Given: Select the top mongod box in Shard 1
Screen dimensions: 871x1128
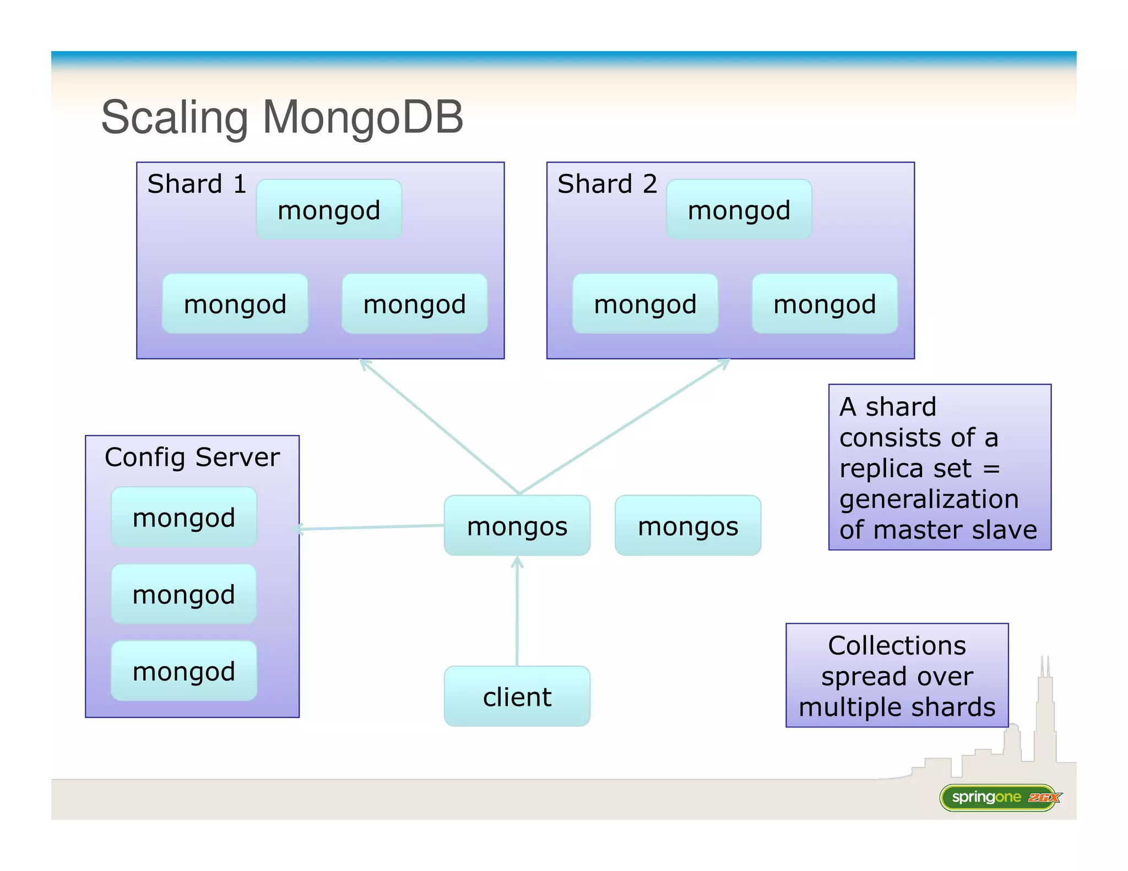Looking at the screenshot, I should pyautogui.click(x=329, y=210).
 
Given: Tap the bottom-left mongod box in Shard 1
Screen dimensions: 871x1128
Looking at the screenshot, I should pyautogui.click(x=235, y=304).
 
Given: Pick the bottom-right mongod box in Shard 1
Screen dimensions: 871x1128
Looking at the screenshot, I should pyautogui.click(x=414, y=304).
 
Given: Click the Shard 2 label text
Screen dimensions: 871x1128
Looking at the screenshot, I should pyautogui.click(x=607, y=184).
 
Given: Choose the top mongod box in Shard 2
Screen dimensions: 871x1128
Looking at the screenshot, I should pyautogui.click(x=739, y=210).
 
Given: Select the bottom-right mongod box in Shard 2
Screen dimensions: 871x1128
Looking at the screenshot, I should pyautogui.click(x=825, y=304).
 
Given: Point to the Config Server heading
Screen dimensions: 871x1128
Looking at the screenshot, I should pyautogui.click(x=192, y=457).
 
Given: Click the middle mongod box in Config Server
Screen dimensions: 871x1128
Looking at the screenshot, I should pyautogui.click(x=184, y=594).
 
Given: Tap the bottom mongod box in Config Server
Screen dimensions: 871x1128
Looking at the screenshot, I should pyautogui.click(x=184, y=671).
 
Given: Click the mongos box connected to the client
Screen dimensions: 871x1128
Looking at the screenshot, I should pyautogui.click(x=517, y=526).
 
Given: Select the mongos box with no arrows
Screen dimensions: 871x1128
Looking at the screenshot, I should pyautogui.click(x=687, y=526).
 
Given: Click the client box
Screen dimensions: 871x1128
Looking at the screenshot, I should pyautogui.click(x=517, y=696).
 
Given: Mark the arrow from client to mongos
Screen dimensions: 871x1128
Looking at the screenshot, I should pyautogui.click(x=517, y=611).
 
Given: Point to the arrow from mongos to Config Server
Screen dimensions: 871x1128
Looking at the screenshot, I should pyautogui.click(x=372, y=527).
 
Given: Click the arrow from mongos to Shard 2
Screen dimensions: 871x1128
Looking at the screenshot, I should pyautogui.click(x=625, y=426).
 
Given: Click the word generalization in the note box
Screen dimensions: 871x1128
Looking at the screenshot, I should pyautogui.click(x=929, y=499).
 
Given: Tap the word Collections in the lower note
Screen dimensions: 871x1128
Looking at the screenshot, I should pyautogui.click(x=897, y=645).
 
